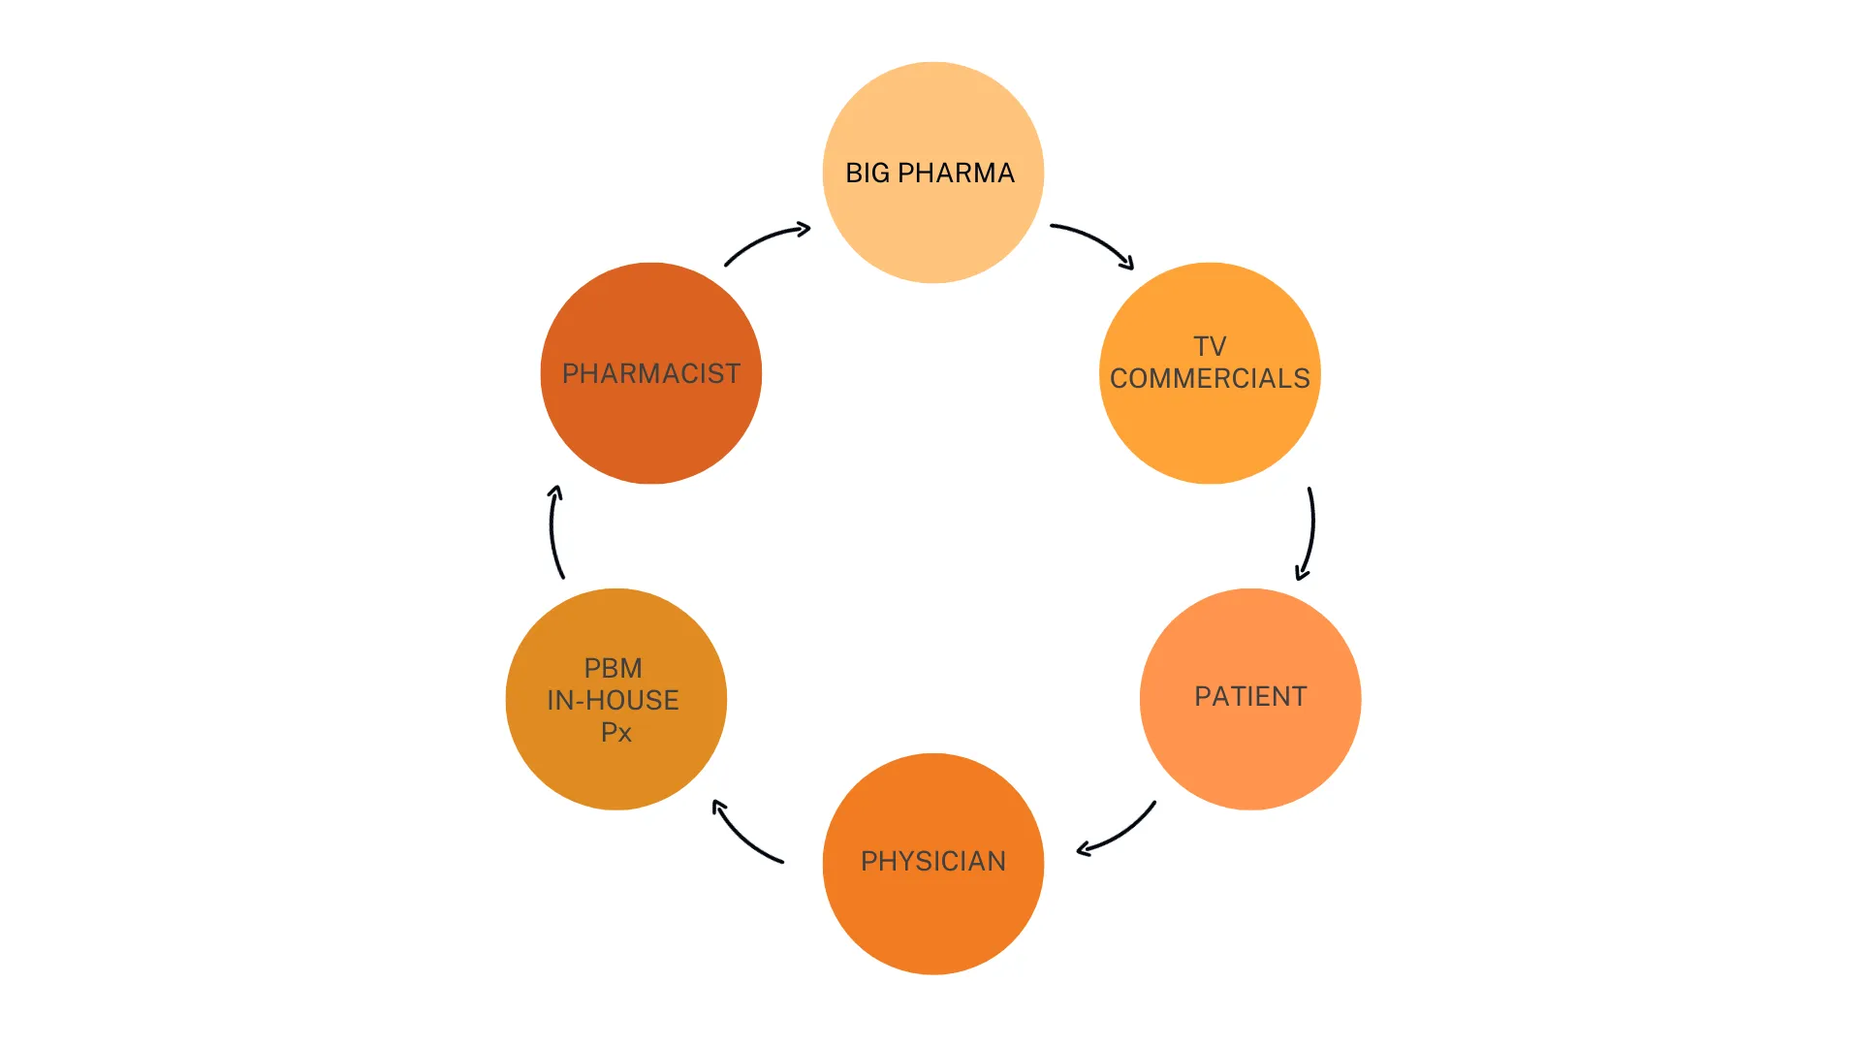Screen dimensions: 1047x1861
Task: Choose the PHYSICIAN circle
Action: click(932, 921)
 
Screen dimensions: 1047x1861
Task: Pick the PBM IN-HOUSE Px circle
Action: click(616, 776)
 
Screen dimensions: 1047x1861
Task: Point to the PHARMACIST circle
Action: click(651, 427)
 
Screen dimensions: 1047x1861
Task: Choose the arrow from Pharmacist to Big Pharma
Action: click(766, 239)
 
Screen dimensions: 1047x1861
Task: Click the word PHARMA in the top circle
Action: click(956, 173)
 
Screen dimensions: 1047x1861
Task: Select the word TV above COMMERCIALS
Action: click(1210, 346)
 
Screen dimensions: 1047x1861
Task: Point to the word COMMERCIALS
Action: click(1210, 378)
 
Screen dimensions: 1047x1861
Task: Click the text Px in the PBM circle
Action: click(615, 732)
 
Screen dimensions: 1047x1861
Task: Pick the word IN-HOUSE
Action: click(613, 700)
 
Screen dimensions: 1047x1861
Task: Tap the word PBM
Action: click(613, 668)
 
